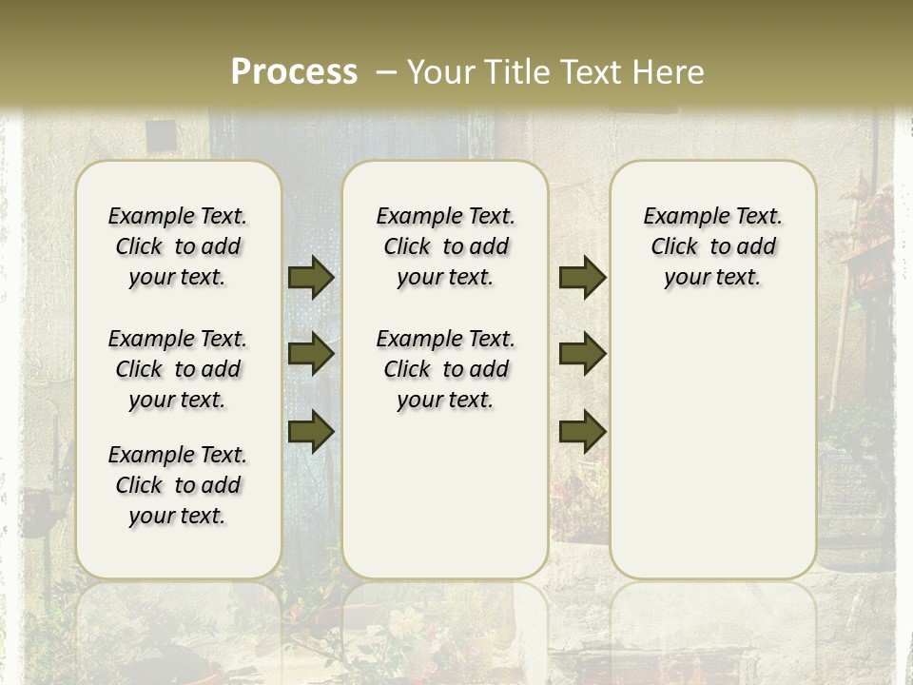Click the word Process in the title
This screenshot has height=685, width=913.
click(x=294, y=71)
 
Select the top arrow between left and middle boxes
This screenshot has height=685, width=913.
click(x=311, y=277)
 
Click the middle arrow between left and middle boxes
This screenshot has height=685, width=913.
click(x=311, y=354)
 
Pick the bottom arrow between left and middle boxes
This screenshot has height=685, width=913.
click(x=311, y=431)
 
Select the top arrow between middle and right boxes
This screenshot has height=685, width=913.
click(x=582, y=277)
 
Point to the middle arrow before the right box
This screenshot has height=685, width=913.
click(x=582, y=354)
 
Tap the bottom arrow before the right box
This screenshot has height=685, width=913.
click(x=582, y=431)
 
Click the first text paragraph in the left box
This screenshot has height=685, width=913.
click(x=178, y=246)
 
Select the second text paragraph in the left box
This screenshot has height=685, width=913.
click(x=178, y=369)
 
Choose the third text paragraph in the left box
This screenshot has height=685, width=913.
click(x=178, y=485)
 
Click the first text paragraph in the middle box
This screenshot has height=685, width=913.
click(x=446, y=246)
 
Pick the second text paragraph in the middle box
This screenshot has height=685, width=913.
click(x=446, y=369)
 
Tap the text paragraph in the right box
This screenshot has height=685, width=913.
click(x=713, y=246)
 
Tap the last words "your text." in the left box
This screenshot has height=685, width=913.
click(x=178, y=516)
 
